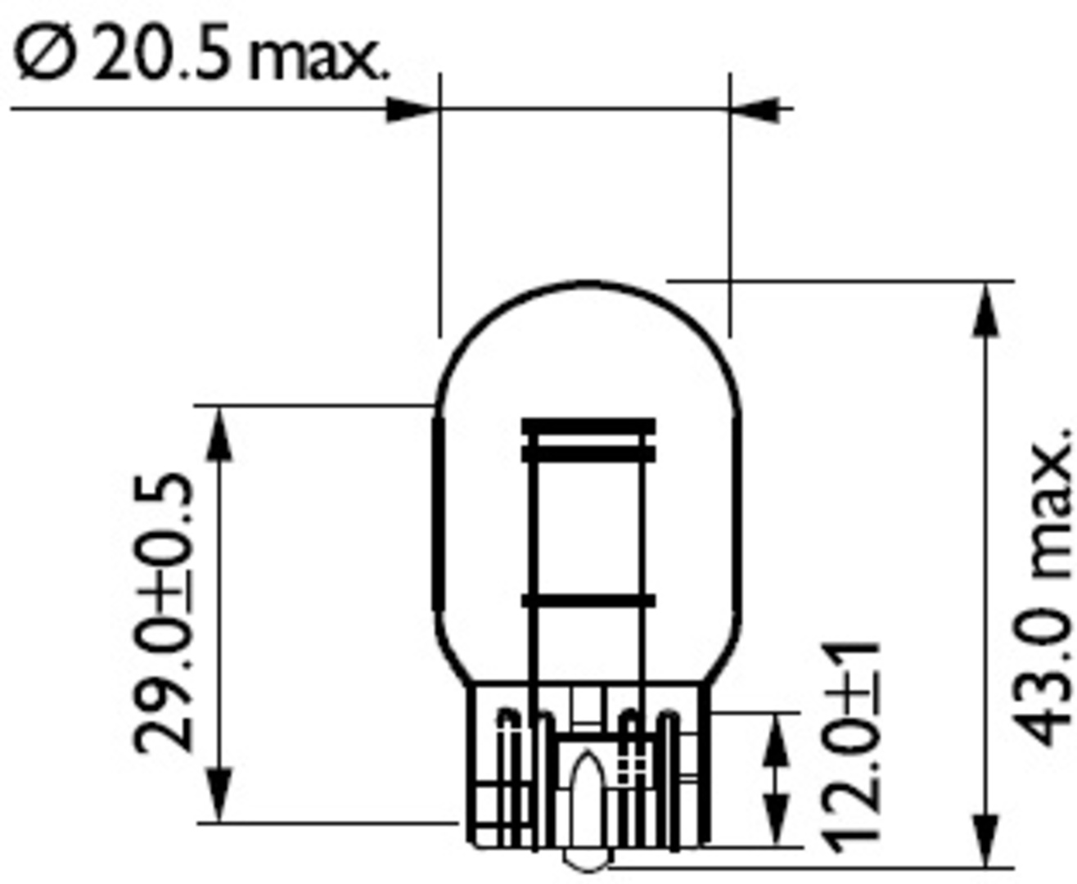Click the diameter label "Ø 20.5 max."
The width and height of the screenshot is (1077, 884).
(200, 54)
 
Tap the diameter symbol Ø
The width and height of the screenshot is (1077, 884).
(46, 54)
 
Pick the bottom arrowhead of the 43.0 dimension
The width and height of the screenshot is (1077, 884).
(986, 840)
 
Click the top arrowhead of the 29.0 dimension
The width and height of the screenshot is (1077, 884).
(219, 434)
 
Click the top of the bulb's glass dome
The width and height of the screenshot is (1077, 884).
(588, 282)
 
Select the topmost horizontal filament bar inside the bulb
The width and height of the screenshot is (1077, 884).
(588, 426)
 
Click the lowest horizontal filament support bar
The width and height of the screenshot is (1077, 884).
(588, 601)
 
